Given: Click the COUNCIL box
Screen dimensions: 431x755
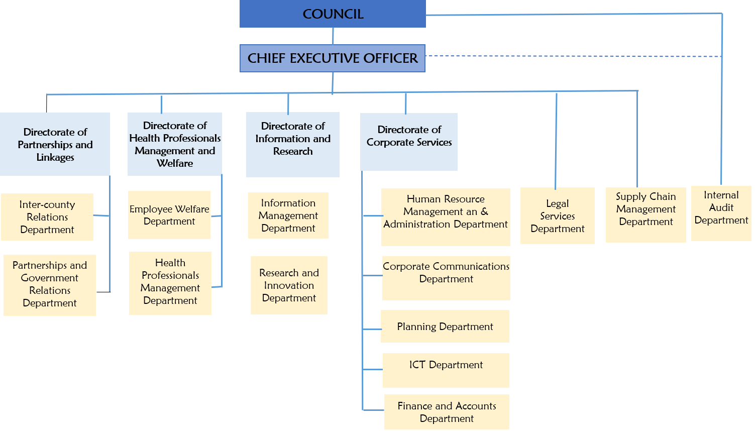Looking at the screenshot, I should coord(333,14).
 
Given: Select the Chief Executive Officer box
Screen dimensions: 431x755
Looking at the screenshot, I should coord(333,58).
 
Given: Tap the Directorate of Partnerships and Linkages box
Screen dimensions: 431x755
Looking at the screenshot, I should coord(55,144).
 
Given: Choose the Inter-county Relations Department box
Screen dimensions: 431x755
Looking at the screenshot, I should coord(47,217).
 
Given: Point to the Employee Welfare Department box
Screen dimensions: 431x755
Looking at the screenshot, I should coord(169,215).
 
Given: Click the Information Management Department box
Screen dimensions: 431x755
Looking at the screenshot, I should coord(288,215).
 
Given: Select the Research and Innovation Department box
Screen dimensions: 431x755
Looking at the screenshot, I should coord(289,285).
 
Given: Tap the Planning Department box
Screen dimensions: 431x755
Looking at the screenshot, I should coord(445,327).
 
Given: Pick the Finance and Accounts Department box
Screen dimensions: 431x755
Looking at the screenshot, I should coord(447,412).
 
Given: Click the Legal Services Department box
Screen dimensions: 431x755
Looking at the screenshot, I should coord(558,216).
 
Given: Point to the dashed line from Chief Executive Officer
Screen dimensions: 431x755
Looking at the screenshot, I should coord(573,56).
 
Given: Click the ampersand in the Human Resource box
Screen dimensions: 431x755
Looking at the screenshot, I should coord(484,211).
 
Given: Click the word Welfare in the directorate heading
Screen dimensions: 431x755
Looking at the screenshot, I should coord(175,163).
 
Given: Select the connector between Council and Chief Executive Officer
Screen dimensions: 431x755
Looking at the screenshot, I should coord(333,36).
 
